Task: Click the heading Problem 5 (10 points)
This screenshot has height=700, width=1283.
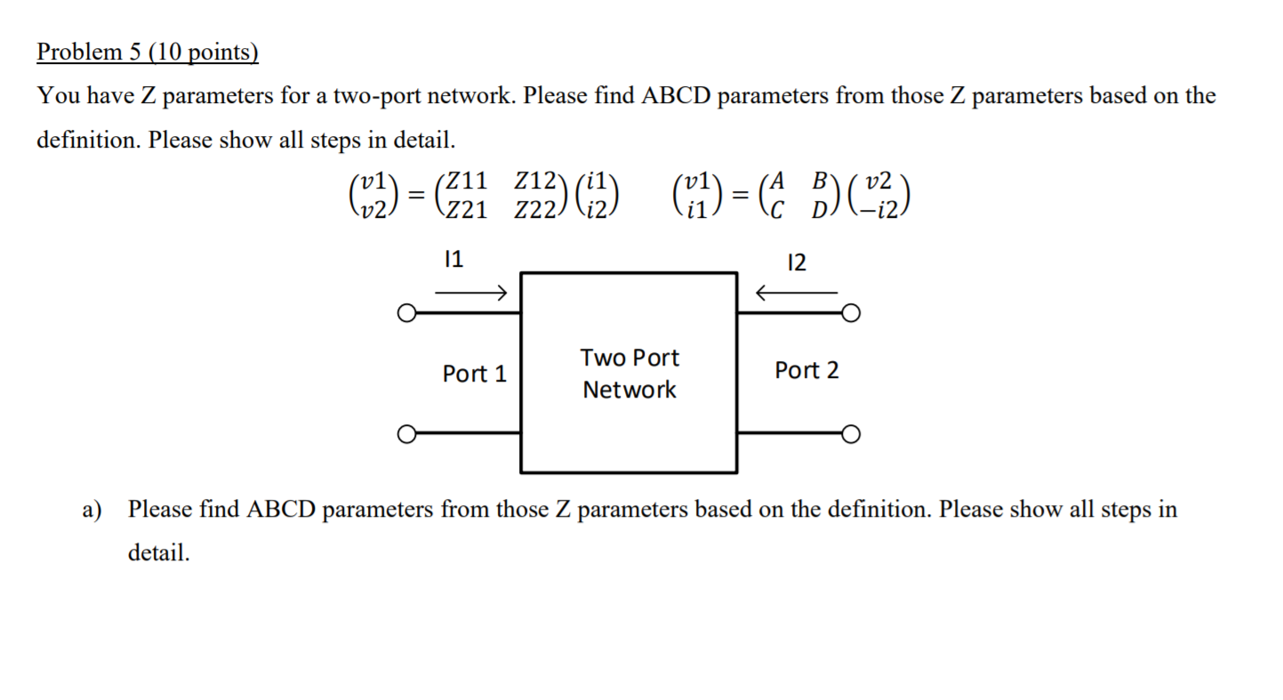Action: [x=148, y=53]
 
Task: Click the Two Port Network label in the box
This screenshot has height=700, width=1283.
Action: [x=629, y=374]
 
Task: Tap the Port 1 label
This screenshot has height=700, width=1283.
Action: [x=474, y=374]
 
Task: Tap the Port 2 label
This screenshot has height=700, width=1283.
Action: [x=806, y=370]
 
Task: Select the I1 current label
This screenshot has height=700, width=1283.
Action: [x=453, y=260]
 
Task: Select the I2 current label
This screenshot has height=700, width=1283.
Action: [x=797, y=262]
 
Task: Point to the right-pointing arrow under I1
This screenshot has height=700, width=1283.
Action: [x=471, y=292]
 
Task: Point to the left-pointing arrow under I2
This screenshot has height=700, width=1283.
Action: [x=796, y=292]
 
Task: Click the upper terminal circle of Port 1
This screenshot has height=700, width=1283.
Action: [x=405, y=313]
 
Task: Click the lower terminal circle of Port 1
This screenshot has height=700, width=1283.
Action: [x=405, y=434]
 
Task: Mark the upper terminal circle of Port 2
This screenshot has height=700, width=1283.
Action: [x=851, y=313]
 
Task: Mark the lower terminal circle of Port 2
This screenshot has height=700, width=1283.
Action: [x=851, y=434]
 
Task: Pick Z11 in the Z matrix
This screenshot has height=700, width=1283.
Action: [x=466, y=181]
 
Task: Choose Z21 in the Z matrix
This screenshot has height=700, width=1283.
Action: [x=466, y=212]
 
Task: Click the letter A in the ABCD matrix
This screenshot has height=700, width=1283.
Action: [x=779, y=181]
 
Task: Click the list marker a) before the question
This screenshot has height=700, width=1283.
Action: [x=92, y=510]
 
